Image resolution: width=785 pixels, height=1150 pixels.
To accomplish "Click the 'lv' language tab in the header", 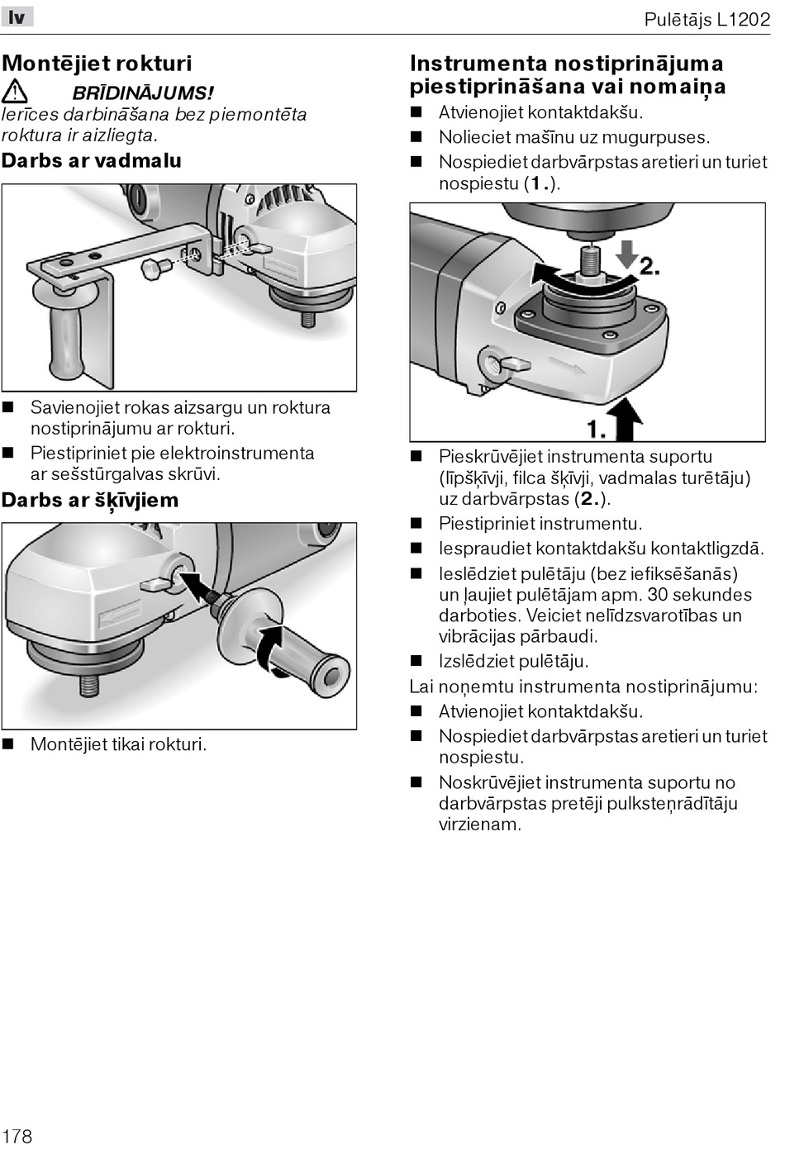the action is (17, 17).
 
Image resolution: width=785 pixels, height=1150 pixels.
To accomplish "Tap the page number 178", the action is (17, 1135).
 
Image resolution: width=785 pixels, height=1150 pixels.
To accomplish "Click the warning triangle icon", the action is (15, 92).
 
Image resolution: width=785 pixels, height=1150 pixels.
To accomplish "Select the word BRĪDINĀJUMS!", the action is (143, 93).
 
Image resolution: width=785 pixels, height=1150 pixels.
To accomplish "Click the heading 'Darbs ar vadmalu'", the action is (92, 160).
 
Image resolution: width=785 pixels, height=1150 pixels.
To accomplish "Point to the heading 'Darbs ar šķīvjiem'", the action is (90, 500).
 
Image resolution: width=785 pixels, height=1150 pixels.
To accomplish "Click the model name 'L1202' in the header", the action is (743, 20).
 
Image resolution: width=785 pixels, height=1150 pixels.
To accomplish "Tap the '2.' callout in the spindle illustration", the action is (649, 266).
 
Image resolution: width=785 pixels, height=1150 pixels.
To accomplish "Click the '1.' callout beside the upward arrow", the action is (597, 428).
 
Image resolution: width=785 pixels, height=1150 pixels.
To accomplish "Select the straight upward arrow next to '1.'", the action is (626, 418).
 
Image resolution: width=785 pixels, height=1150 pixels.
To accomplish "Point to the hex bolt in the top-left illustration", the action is (155, 268).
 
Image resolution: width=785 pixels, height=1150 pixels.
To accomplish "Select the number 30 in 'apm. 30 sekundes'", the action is (658, 595).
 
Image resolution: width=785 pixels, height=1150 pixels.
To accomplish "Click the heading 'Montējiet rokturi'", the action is (97, 64).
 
